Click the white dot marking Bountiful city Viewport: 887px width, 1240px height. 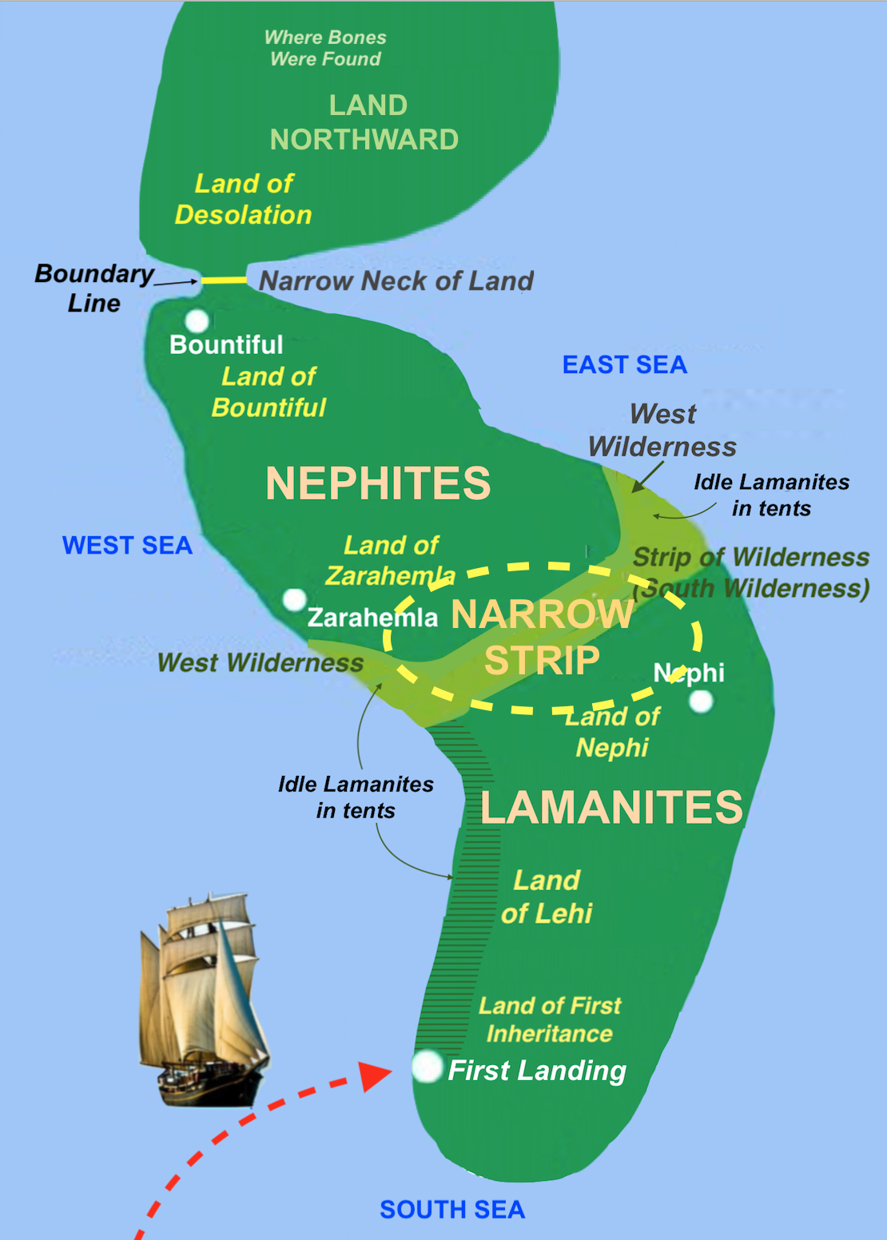(x=197, y=321)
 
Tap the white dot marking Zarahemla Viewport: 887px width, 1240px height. (x=294, y=599)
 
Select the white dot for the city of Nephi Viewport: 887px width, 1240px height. (x=701, y=701)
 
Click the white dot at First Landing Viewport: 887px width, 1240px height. (x=428, y=1066)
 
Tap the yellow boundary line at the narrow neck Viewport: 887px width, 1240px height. (x=224, y=280)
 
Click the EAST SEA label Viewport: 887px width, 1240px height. (x=624, y=365)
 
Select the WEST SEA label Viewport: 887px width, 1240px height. (x=127, y=546)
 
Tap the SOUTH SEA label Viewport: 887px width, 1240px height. (x=452, y=1210)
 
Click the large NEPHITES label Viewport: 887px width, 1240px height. (x=378, y=483)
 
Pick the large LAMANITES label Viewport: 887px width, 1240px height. (x=611, y=807)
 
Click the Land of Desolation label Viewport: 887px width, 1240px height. (x=244, y=199)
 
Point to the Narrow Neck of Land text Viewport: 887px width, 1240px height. (x=396, y=281)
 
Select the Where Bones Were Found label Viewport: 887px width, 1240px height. (x=325, y=48)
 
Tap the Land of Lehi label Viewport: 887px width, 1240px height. (x=547, y=896)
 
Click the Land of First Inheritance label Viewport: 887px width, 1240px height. (x=550, y=1019)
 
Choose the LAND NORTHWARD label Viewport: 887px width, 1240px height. (x=365, y=122)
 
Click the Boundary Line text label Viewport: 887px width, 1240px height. (x=93, y=288)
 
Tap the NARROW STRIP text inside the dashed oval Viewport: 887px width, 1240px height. (x=542, y=637)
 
